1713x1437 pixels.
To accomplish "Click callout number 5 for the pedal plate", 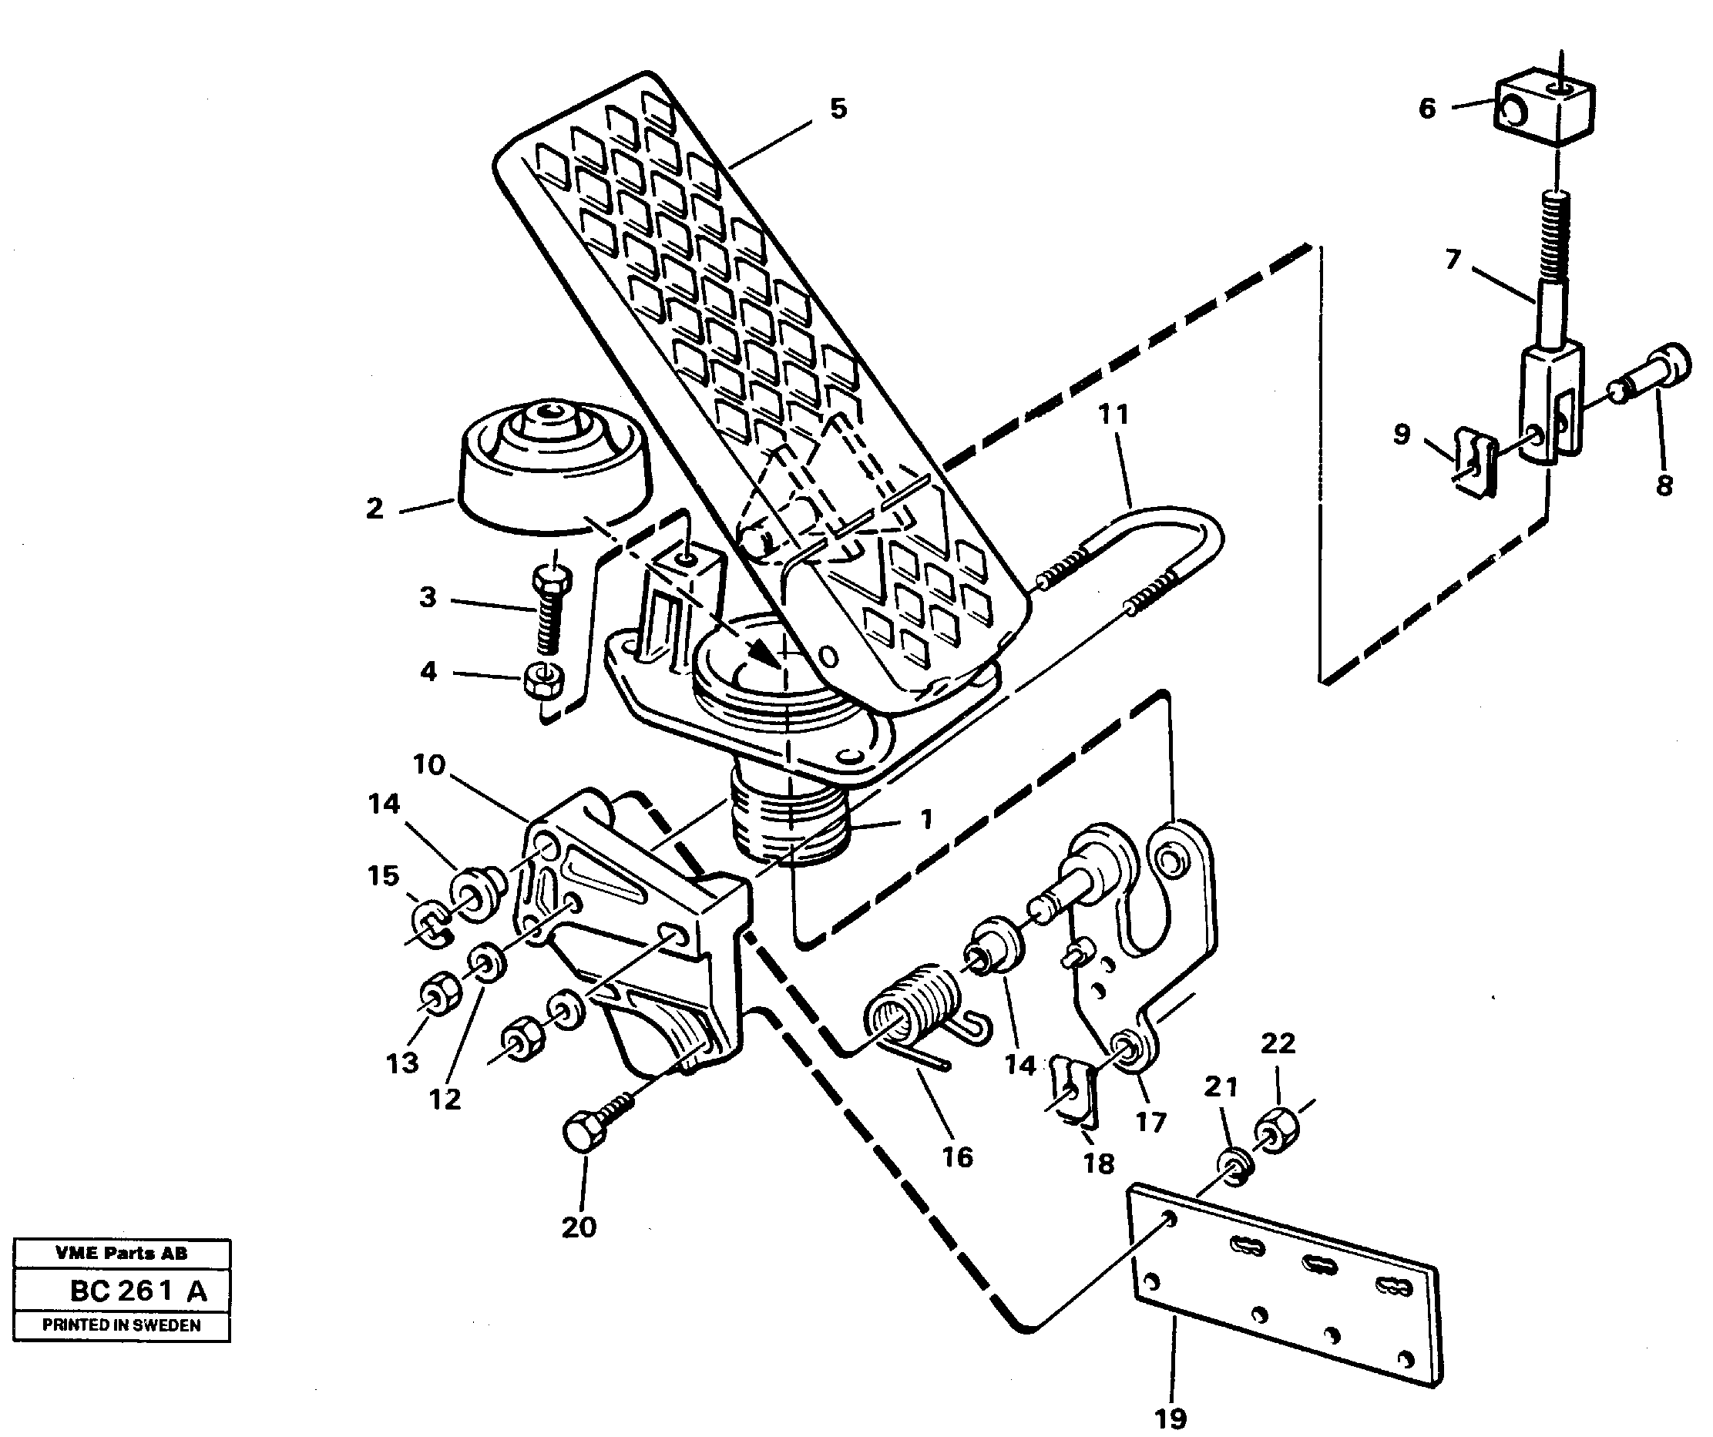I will pyautogui.click(x=838, y=109).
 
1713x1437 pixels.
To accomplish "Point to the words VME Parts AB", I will pyautogui.click(x=121, y=1253).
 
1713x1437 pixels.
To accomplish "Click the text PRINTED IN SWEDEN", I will pyautogui.click(x=121, y=1325).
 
